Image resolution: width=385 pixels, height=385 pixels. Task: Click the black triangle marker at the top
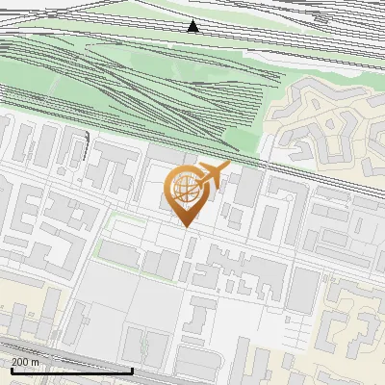click(x=192, y=26)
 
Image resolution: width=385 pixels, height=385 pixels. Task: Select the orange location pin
click(x=185, y=192)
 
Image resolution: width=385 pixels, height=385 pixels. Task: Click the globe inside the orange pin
click(x=184, y=188)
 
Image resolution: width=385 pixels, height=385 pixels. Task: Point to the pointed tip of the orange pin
click(x=185, y=225)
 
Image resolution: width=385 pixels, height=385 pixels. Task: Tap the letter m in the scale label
click(x=36, y=362)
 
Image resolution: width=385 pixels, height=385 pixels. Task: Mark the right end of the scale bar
click(x=132, y=371)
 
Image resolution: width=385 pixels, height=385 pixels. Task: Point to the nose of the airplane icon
click(x=228, y=167)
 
